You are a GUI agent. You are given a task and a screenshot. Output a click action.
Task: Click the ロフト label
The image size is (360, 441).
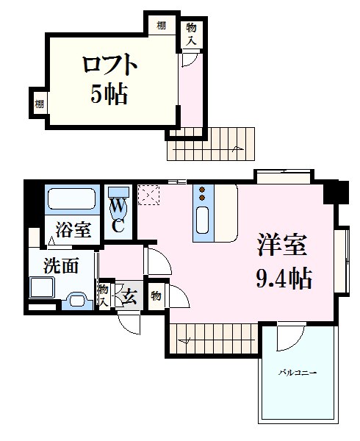pos(110,65)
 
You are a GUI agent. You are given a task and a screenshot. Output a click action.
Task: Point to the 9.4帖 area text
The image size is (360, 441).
pos(284,278)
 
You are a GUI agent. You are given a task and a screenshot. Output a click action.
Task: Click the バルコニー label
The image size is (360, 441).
pos(297,373)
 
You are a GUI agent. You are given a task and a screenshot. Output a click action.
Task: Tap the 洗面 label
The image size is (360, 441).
pos(60,265)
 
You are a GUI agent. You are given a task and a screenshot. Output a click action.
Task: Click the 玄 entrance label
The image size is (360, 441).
pos(129,298)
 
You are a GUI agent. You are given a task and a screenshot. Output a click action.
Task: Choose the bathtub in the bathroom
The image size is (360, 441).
pos(72,200)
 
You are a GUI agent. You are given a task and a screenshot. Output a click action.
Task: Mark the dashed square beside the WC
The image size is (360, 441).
pos(149,194)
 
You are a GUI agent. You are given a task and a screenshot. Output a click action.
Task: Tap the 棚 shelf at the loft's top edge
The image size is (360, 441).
pos(160,27)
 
